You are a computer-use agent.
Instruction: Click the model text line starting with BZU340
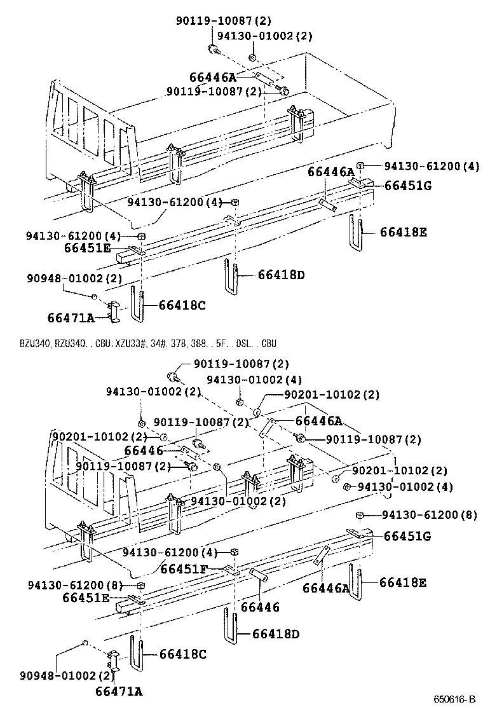[x=143, y=343]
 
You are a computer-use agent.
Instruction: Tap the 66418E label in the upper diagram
[x=404, y=232]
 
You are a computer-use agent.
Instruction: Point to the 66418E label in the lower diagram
[x=403, y=582]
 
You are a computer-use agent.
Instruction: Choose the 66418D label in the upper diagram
[x=282, y=275]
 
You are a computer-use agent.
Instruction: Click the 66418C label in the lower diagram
[x=182, y=653]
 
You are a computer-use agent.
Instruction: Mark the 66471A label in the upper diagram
[x=71, y=317]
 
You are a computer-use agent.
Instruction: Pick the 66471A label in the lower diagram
[x=119, y=691]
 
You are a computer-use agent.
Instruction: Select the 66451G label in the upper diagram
[x=407, y=185]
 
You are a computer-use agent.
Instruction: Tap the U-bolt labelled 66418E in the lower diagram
[x=355, y=582]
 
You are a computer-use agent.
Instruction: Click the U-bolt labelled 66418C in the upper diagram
[x=137, y=305]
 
